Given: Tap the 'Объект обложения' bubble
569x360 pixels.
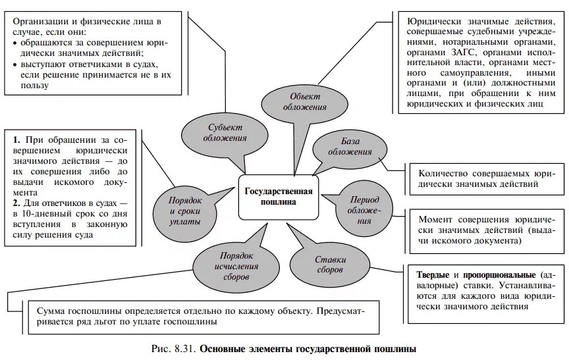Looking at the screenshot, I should tap(303, 101).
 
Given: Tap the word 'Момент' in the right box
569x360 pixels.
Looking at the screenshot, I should tap(435, 219).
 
